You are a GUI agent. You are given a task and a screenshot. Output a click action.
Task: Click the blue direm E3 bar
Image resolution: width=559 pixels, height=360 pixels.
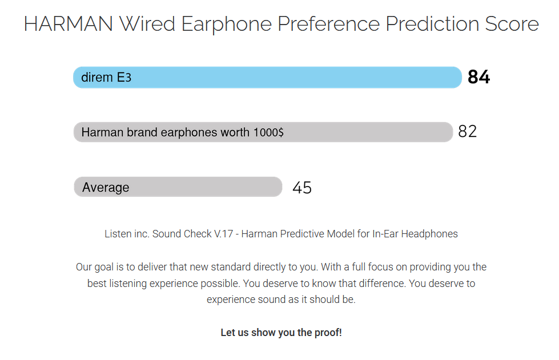click(x=267, y=77)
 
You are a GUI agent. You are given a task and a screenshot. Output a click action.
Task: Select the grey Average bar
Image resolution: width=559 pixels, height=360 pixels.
click(x=178, y=187)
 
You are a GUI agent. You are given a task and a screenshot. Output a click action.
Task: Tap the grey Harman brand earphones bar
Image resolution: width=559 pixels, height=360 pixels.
click(x=263, y=132)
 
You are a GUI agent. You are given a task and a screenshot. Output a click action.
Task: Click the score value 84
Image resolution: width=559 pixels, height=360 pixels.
click(x=479, y=77)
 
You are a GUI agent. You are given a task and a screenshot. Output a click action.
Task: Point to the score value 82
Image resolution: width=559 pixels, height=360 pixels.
click(x=468, y=131)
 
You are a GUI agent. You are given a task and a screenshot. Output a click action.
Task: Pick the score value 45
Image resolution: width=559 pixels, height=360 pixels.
click(x=302, y=188)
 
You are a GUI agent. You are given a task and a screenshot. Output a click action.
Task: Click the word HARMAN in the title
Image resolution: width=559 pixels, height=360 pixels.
click(x=69, y=24)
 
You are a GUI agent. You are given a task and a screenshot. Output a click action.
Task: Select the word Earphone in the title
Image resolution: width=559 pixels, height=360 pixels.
click(x=226, y=24)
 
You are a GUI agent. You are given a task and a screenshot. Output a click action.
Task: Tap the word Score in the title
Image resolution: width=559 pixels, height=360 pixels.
click(x=512, y=24)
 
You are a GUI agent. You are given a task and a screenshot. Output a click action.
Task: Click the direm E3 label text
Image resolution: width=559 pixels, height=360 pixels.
click(x=106, y=77)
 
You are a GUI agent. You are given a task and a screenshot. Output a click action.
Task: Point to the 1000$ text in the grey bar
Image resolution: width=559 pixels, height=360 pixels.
click(x=268, y=132)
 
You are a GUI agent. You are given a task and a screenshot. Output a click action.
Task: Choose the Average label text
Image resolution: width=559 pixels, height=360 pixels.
click(x=106, y=187)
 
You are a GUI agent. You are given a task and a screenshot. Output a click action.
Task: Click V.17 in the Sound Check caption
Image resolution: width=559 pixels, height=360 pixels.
click(x=223, y=234)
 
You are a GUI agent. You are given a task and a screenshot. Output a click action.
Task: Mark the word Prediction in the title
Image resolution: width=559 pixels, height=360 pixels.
click(x=432, y=24)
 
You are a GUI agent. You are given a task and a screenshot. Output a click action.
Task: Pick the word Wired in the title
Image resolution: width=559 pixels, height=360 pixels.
click(x=147, y=24)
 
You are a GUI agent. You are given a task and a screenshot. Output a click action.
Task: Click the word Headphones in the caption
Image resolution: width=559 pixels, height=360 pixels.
click(x=429, y=234)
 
